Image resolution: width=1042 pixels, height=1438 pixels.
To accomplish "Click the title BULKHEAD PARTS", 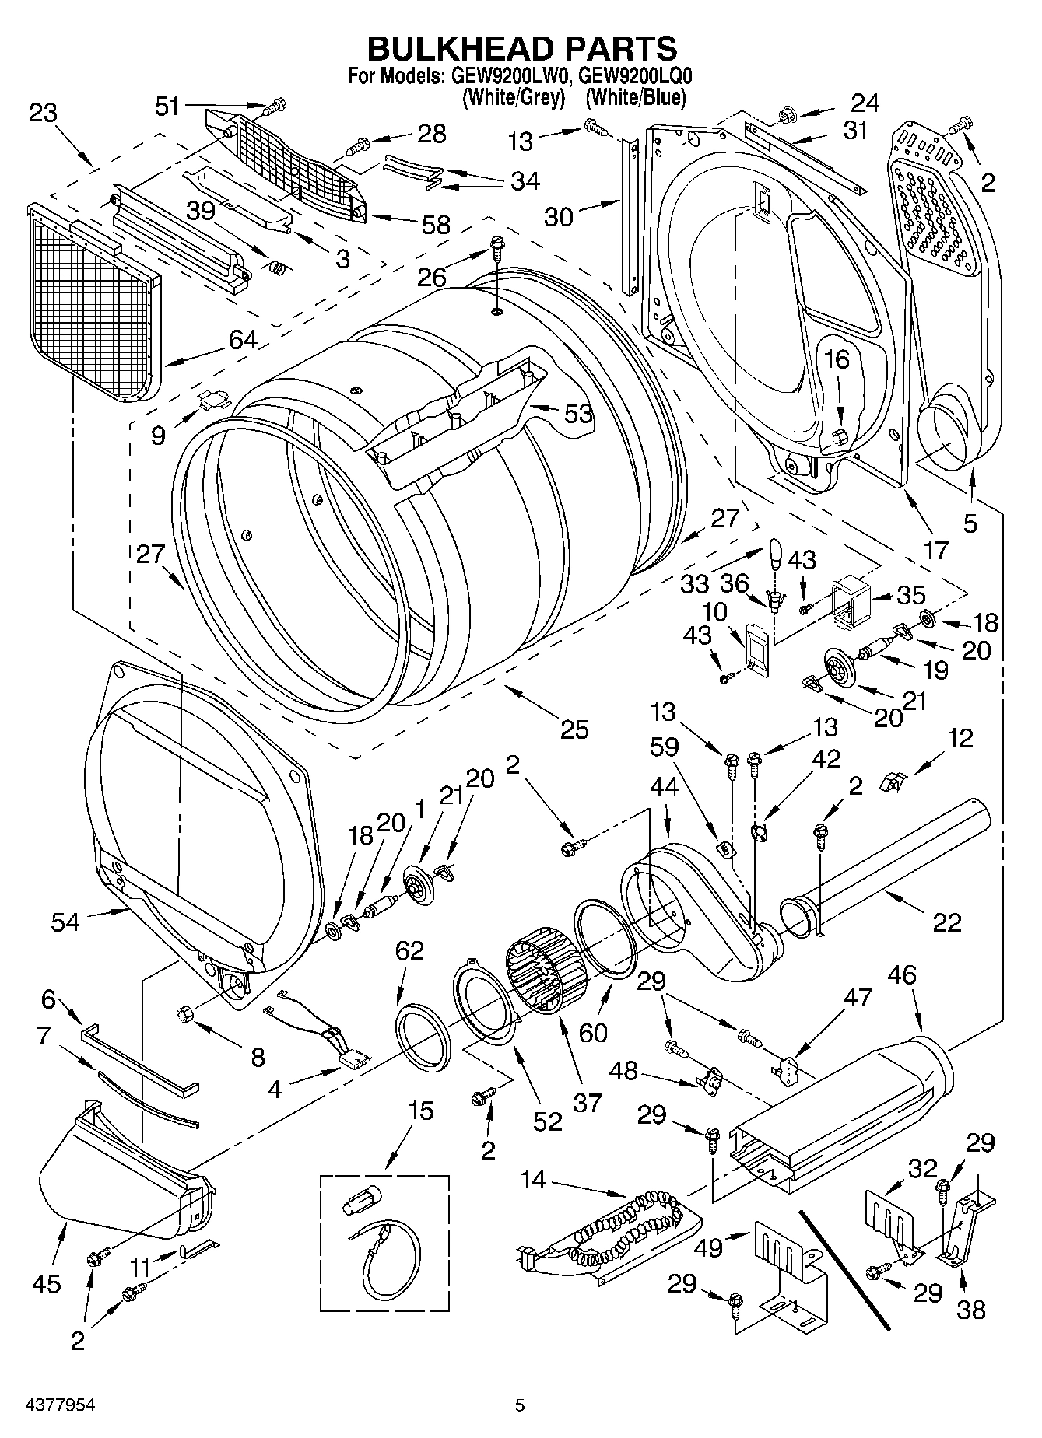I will click(x=521, y=48).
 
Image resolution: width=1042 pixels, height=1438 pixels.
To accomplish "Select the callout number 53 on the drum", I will click(x=578, y=413).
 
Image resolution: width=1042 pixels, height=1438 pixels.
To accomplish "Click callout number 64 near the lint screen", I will click(x=243, y=339).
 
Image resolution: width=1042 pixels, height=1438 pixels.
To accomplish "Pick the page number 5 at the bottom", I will click(x=520, y=1405).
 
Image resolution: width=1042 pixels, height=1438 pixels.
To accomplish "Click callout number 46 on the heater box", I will click(x=902, y=975).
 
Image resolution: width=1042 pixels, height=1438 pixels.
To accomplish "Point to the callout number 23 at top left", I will click(x=43, y=114).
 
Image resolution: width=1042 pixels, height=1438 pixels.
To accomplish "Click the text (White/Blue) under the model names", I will click(x=636, y=98).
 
